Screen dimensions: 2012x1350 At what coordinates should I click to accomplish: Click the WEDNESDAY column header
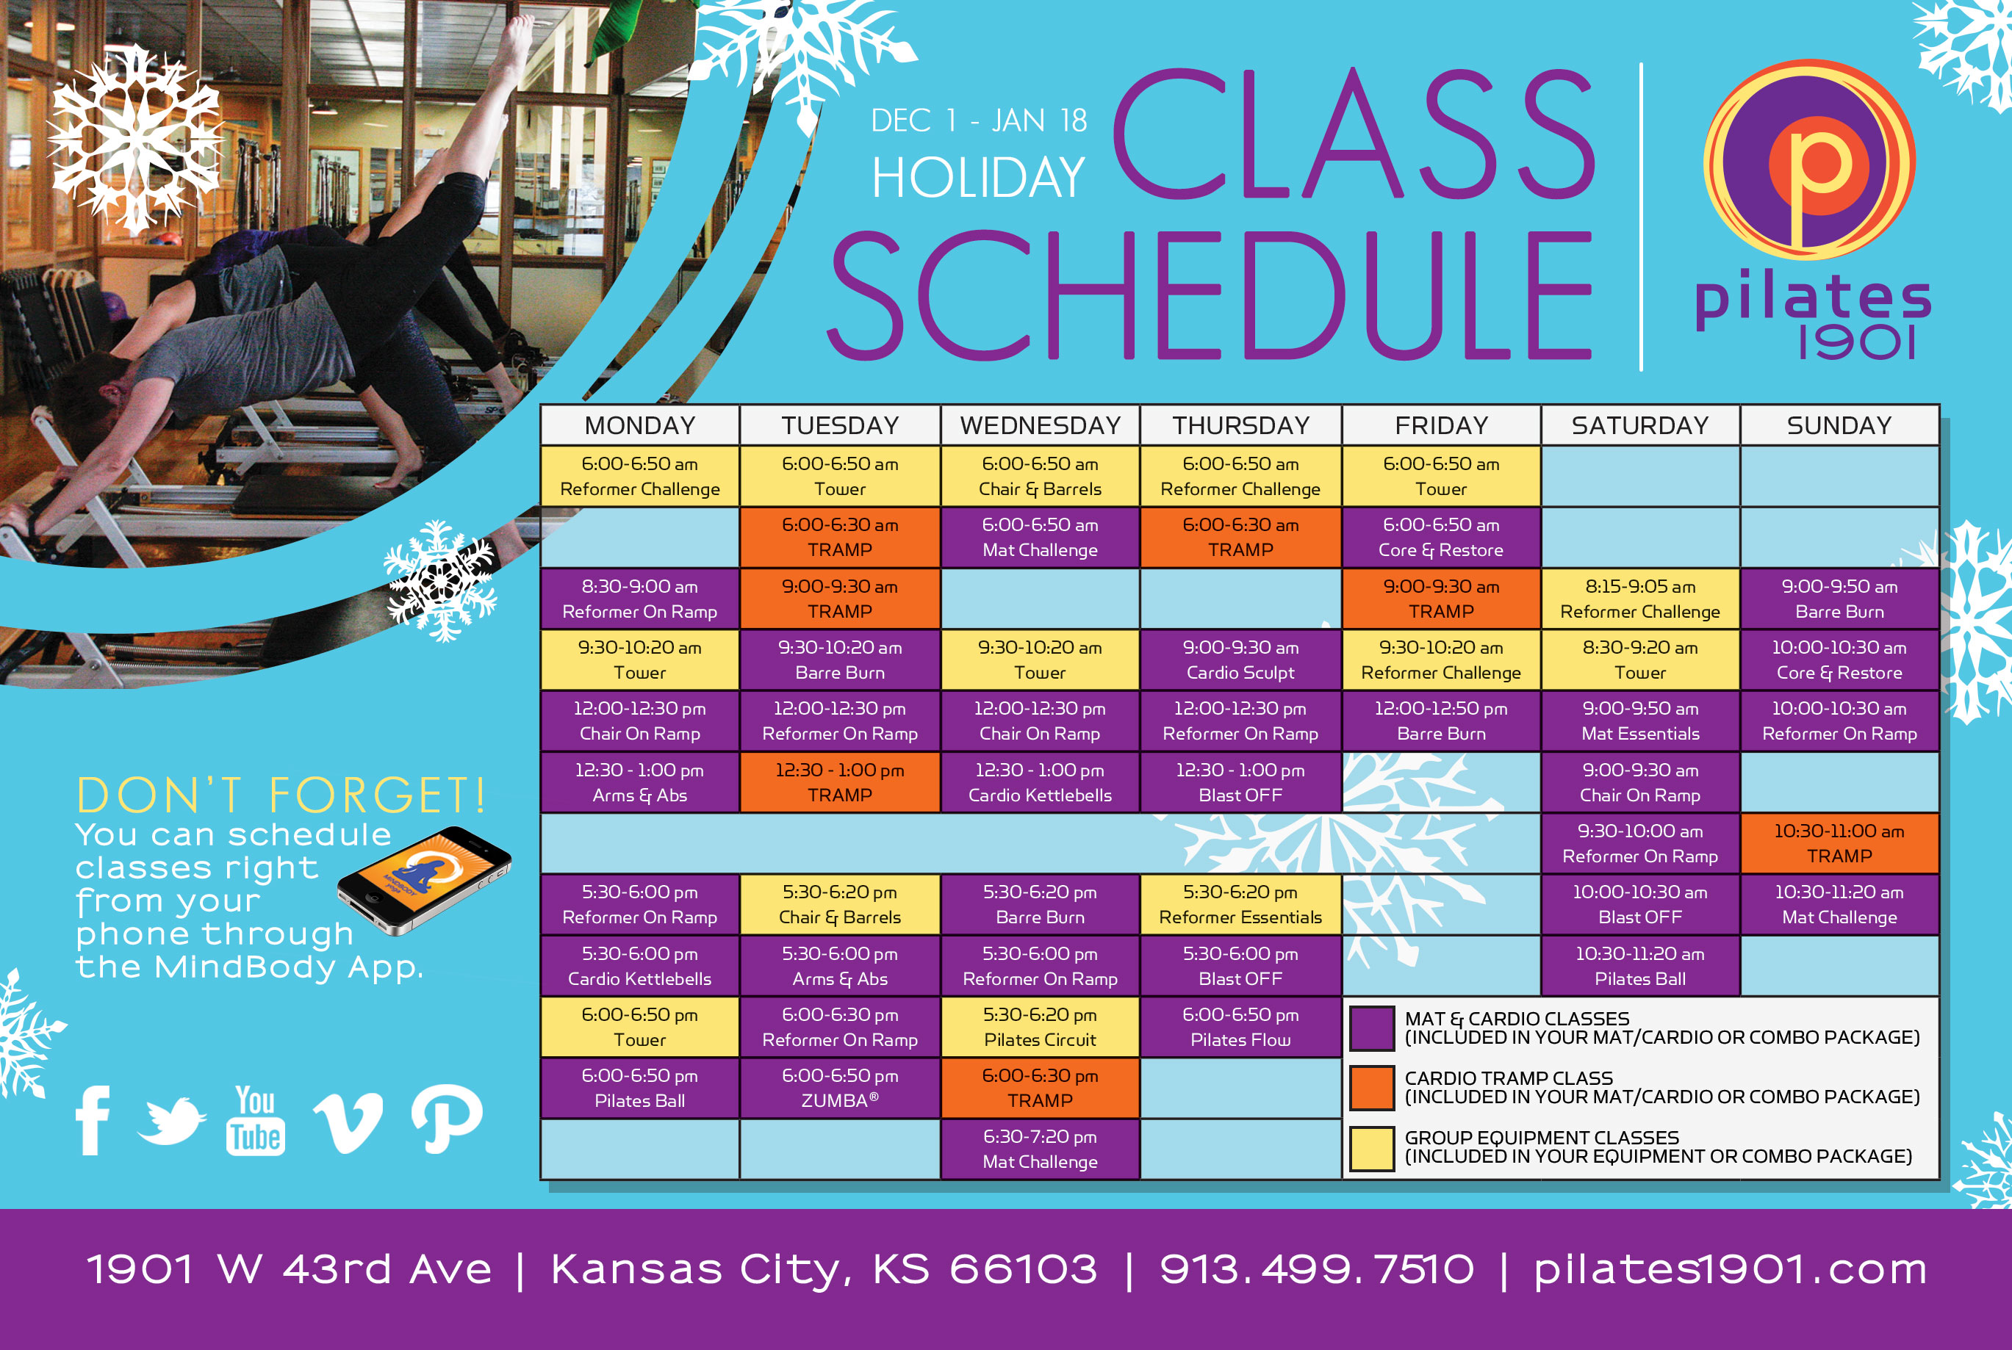1040,425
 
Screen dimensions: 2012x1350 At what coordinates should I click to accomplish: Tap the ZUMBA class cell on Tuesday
840,1089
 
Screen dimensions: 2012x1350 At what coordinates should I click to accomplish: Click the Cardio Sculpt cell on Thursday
1240,660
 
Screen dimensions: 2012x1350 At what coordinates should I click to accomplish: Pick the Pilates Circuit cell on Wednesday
1040,1027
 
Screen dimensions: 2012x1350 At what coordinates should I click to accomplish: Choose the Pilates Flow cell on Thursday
1240,1027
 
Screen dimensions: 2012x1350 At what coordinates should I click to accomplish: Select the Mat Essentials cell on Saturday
1640,721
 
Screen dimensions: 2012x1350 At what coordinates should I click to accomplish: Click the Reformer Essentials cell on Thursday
1240,904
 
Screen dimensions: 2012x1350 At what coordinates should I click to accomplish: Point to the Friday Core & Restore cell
1441,537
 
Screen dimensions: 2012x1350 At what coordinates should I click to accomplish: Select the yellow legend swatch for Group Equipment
1372,1149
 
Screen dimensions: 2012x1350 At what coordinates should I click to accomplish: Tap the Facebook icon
93,1120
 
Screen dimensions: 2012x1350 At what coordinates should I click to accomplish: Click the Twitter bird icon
171,1120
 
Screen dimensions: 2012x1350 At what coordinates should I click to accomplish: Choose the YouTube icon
255,1120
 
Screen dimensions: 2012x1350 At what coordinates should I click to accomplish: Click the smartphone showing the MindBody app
425,880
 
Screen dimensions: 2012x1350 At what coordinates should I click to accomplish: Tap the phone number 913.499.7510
1317,1269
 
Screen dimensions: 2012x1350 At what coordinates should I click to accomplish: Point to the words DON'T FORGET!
281,794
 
